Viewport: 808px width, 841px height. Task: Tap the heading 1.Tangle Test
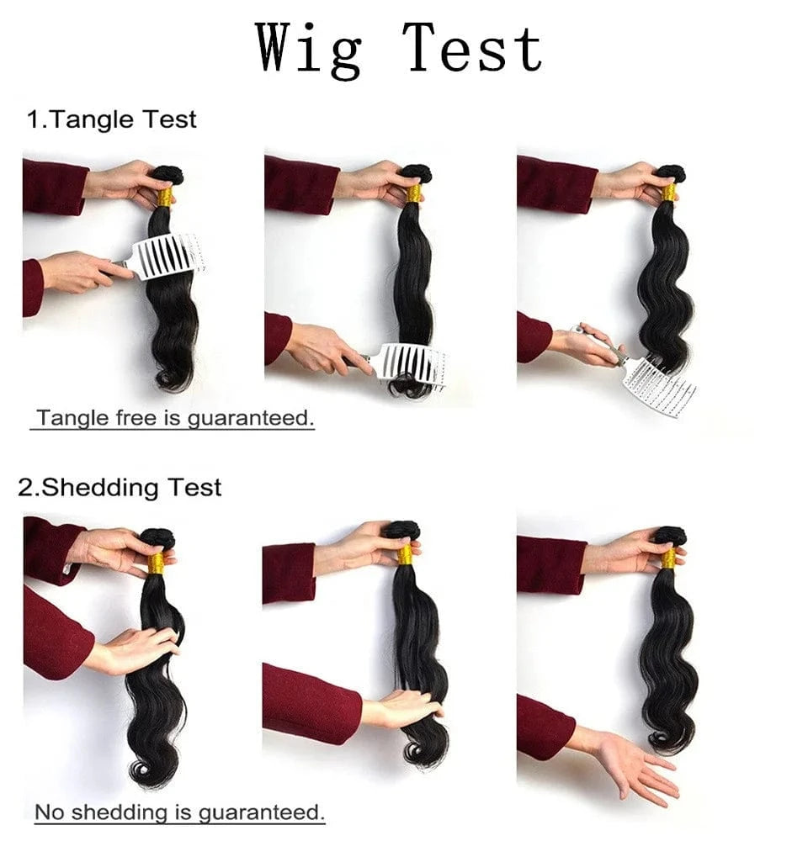pyautogui.click(x=112, y=119)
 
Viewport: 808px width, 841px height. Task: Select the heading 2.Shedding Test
pyautogui.click(x=120, y=488)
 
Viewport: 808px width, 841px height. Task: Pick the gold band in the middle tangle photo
pyautogui.click(x=412, y=193)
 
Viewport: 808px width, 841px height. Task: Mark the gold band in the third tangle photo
pyautogui.click(x=668, y=192)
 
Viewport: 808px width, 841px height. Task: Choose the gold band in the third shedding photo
pyautogui.click(x=668, y=558)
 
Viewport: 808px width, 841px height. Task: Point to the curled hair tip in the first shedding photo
pyautogui.click(x=144, y=772)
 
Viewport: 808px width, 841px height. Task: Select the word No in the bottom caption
pyautogui.click(x=50, y=812)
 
